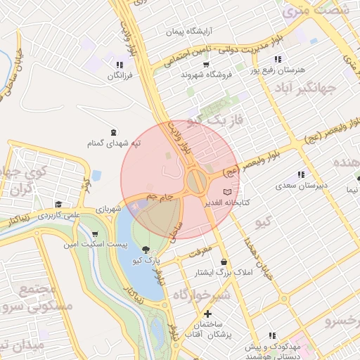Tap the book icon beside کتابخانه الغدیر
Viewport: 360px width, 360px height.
[x=226, y=192]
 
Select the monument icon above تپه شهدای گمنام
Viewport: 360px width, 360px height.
[x=114, y=132]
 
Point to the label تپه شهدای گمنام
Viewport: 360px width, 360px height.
[x=114, y=143]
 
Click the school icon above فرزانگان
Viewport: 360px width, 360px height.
[x=119, y=65]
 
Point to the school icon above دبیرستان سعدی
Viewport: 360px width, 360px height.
[x=301, y=174]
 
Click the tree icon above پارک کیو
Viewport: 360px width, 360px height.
[x=146, y=250]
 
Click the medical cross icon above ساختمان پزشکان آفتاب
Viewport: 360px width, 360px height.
[x=207, y=314]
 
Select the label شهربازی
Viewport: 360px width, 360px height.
[x=109, y=210]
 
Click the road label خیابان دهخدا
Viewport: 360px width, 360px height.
[x=257, y=259]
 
